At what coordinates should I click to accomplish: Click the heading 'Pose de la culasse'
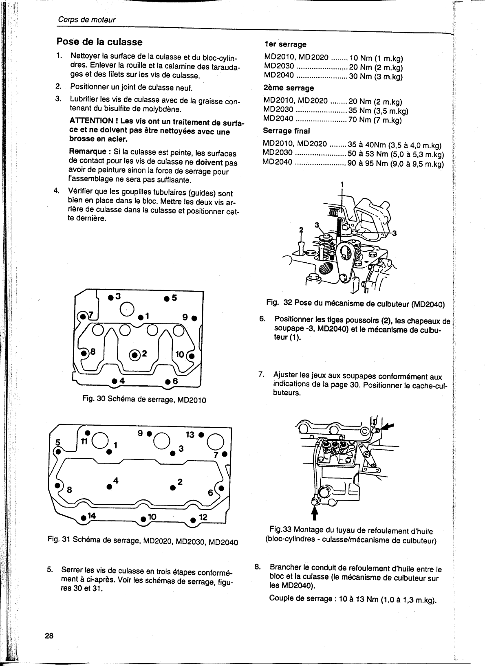99,42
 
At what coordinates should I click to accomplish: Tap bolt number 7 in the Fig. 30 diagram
83,316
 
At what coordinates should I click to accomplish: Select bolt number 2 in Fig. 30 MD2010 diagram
135,354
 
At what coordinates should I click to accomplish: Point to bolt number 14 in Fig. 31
84,518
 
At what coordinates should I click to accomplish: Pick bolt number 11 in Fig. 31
87,433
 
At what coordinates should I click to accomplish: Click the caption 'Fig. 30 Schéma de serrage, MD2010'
144,400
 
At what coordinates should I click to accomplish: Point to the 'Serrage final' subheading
287,131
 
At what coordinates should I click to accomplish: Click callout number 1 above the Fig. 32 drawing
342,184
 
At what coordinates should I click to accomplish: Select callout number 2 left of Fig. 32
301,230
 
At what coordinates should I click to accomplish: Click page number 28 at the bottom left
49,636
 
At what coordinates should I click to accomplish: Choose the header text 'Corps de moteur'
86,20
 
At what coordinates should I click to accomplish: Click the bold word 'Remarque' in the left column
88,152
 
